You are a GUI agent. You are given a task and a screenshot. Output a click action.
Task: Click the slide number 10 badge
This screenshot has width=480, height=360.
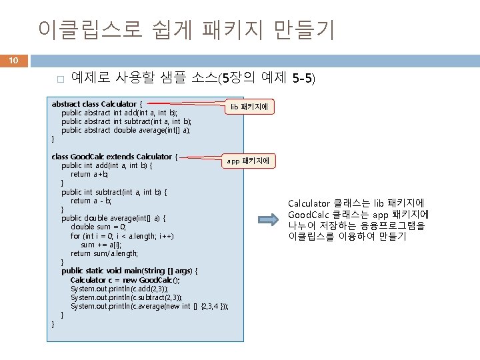coord(13,61)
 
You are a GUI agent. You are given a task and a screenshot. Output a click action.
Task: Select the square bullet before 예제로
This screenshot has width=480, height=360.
coord(59,80)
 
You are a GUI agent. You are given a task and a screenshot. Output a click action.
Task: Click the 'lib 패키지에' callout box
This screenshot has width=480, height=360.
coord(248,106)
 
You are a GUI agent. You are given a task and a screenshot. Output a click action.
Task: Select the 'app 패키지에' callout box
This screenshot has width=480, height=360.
coord(247,161)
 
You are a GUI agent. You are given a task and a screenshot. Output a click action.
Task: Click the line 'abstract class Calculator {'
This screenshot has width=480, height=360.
coord(97,104)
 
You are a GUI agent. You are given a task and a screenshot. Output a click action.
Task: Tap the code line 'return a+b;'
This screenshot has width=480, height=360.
coord(90,174)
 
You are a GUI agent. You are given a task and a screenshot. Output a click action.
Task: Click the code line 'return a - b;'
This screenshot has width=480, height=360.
coord(91,201)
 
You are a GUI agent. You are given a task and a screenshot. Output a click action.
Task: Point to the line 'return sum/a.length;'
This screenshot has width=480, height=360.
coord(105,253)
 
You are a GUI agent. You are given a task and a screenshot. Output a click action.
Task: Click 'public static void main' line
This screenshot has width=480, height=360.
coord(129,271)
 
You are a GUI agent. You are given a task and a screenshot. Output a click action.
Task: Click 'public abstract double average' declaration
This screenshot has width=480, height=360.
coord(126,130)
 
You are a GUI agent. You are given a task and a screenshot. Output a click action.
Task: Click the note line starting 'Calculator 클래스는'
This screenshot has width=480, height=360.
coord(357,203)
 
